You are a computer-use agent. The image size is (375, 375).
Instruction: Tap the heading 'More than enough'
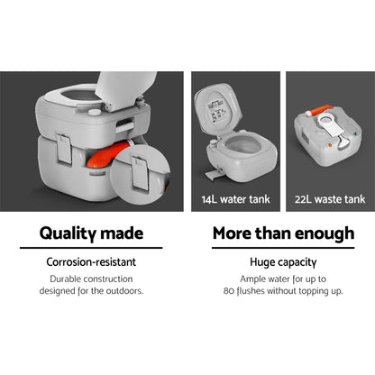[x=282, y=233]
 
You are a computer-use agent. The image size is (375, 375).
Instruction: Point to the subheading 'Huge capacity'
[x=282, y=264]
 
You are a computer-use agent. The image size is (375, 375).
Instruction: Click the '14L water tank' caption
[x=234, y=194]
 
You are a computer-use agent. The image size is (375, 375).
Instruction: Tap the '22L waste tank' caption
[x=328, y=194]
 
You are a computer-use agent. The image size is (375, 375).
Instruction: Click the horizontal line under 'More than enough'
[x=282, y=248]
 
